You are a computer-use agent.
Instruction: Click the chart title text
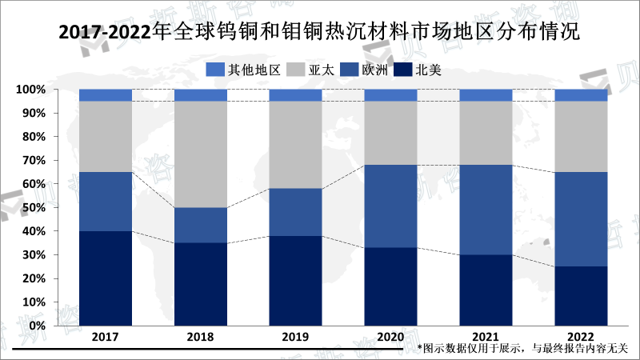tap(320, 33)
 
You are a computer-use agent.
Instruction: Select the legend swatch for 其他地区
tap(215, 70)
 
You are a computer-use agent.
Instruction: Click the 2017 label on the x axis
tap(106, 338)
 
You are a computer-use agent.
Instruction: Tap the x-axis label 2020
tap(390, 338)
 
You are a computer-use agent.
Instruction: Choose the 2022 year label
tap(581, 338)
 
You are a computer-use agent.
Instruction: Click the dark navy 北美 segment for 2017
tap(106, 278)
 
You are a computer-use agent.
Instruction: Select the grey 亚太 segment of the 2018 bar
tap(201, 154)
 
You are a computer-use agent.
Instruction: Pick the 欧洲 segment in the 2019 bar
tap(295, 213)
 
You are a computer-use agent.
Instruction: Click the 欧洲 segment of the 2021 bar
tap(486, 210)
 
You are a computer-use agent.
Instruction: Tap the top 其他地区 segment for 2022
tap(581, 95)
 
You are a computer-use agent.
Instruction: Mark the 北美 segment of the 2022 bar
tap(581, 296)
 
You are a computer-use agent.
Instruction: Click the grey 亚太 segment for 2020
tap(390, 133)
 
